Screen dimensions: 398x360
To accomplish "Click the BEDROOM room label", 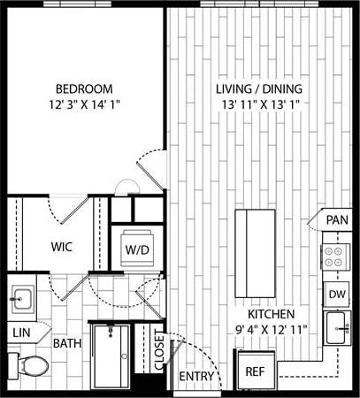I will (x=84, y=88).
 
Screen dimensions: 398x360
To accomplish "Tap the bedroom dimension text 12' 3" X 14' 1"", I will (x=84, y=104).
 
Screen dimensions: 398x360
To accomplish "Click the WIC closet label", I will (x=60, y=248).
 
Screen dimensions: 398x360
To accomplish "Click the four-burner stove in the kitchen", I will (x=336, y=256).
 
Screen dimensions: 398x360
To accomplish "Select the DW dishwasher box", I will (x=336, y=294).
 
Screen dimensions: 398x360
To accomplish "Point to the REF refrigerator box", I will (x=255, y=371).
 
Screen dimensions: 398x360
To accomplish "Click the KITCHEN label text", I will (x=264, y=314).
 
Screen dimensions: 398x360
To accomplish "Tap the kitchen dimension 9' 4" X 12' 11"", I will (x=264, y=330).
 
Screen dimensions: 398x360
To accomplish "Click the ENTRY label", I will (x=195, y=378).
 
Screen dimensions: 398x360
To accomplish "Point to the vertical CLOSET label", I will (x=159, y=352).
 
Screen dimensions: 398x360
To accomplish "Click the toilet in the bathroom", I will (x=32, y=365).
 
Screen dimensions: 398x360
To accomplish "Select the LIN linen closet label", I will (x=20, y=333).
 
